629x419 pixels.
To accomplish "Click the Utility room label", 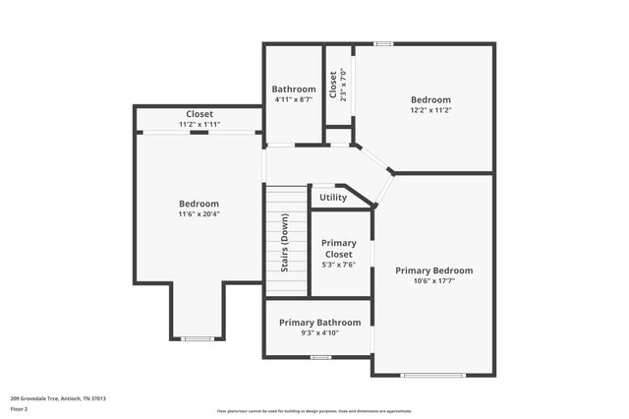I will point(333,198).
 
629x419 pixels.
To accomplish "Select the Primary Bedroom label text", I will point(433,270).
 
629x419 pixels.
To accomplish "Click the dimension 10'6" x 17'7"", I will point(433,281).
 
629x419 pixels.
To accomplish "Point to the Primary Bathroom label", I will point(319,323).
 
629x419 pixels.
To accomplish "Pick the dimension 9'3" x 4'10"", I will point(319,333).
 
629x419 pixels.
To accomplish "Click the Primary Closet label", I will point(339,248).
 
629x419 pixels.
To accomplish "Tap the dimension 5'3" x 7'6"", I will point(339,265).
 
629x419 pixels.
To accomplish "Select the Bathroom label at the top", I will point(293,90).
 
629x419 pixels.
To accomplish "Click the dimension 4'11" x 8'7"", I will point(293,99).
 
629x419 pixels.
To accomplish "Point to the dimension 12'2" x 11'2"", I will point(430,110).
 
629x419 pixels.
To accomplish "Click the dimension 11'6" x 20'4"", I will point(199,213).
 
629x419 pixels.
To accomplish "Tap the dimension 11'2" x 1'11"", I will point(200,125).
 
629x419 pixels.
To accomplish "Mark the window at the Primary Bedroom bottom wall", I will point(431,375).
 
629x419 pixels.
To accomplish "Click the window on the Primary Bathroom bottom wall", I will point(319,357).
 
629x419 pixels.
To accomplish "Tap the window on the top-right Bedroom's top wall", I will point(384,43).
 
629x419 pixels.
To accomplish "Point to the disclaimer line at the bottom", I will point(315,411).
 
